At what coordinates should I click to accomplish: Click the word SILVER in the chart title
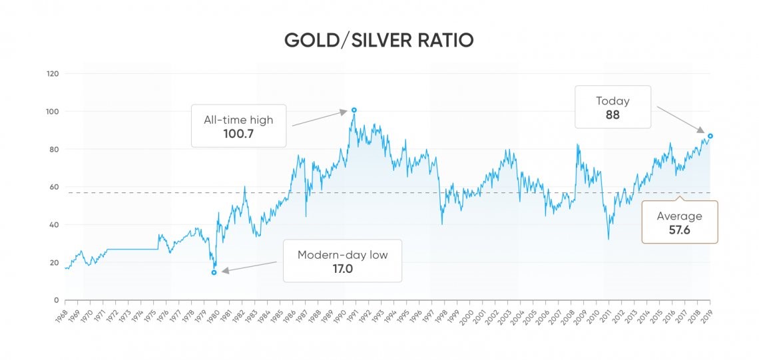pyautogui.click(x=374, y=40)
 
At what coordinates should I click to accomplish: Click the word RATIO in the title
pyautogui.click(x=447, y=40)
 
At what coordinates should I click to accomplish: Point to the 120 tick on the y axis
pyautogui.click(x=52, y=73)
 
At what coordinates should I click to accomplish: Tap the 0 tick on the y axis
pyautogui.click(x=57, y=300)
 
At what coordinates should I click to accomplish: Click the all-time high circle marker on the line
pyautogui.click(x=354, y=110)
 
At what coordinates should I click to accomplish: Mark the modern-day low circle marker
pyautogui.click(x=214, y=272)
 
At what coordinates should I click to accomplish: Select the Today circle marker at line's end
pyautogui.click(x=710, y=136)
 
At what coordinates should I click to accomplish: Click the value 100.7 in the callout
pyautogui.click(x=238, y=134)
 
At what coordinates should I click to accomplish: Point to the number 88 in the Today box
pyautogui.click(x=613, y=115)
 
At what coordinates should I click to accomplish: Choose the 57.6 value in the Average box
pyautogui.click(x=679, y=230)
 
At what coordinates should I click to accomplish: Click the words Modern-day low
pyautogui.click(x=342, y=255)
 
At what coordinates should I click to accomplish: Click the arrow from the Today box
pyautogui.click(x=680, y=118)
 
